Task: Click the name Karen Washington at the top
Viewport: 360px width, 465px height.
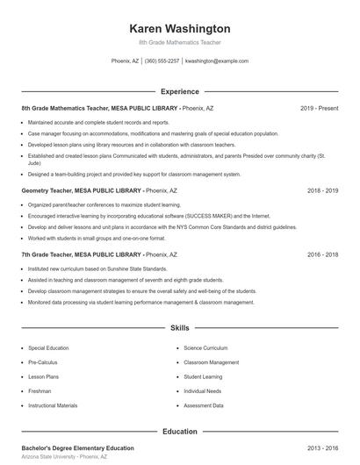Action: [180, 28]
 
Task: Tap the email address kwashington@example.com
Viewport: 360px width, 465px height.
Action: [217, 61]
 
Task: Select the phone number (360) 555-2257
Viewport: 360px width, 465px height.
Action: [162, 61]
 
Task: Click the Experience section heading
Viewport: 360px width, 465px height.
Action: [180, 91]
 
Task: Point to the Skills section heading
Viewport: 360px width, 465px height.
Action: [180, 328]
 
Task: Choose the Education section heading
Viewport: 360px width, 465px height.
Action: [180, 432]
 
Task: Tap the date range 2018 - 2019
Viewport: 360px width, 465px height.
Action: [322, 190]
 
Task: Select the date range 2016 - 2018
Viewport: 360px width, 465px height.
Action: [322, 254]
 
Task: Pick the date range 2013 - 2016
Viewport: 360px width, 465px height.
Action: [322, 447]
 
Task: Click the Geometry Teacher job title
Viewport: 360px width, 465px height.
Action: [49, 190]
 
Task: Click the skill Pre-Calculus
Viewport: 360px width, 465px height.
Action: [44, 361]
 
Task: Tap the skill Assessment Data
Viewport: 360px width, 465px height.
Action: [204, 405]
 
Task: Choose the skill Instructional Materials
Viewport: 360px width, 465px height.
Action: [53, 405]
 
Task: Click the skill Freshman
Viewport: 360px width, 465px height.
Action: [40, 390]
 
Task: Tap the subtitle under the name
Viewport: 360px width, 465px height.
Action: [180, 42]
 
